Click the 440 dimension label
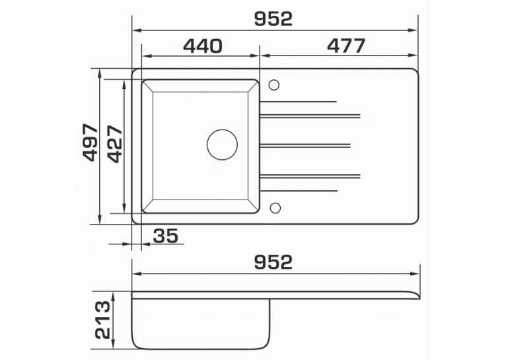203,46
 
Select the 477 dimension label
346,46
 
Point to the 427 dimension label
115,144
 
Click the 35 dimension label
166,235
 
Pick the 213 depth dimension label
103,320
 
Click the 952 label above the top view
273,18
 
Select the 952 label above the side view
273,262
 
